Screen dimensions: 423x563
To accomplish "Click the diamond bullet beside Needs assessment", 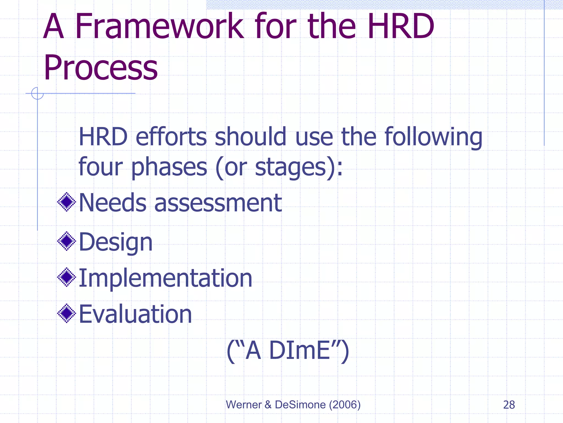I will tap(67, 202).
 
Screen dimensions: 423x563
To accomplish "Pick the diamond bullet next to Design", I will tap(67, 241).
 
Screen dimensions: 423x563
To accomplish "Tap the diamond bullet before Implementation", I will tap(67, 277).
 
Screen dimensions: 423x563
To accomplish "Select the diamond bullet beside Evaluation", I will tap(67, 313).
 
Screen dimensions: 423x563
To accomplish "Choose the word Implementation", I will tap(165, 278).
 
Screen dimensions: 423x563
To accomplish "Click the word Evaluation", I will tap(135, 314).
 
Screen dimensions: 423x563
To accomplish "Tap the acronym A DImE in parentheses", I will tap(288, 351).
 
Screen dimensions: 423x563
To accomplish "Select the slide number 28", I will tap(509, 405).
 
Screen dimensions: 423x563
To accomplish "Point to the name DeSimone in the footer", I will tap(300, 405).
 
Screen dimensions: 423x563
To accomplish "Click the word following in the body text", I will tap(433, 137).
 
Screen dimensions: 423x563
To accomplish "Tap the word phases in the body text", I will tap(169, 167).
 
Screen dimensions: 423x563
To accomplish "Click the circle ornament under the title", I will tap(37, 93).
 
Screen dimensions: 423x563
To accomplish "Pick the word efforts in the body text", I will tap(171, 137).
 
